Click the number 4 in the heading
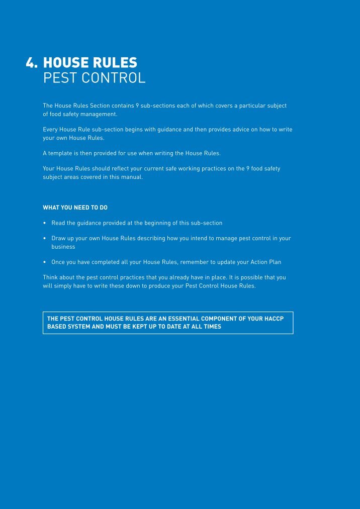[x=31, y=63]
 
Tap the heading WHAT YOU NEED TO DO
[x=75, y=208]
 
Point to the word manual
[x=132, y=177]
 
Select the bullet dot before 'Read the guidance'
[x=45, y=223]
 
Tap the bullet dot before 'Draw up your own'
[x=45, y=239]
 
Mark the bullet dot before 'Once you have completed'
[x=45, y=262]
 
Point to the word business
[x=63, y=247]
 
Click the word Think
[x=51, y=277]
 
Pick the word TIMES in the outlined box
[x=211, y=327]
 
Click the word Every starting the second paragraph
[x=51, y=130]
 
